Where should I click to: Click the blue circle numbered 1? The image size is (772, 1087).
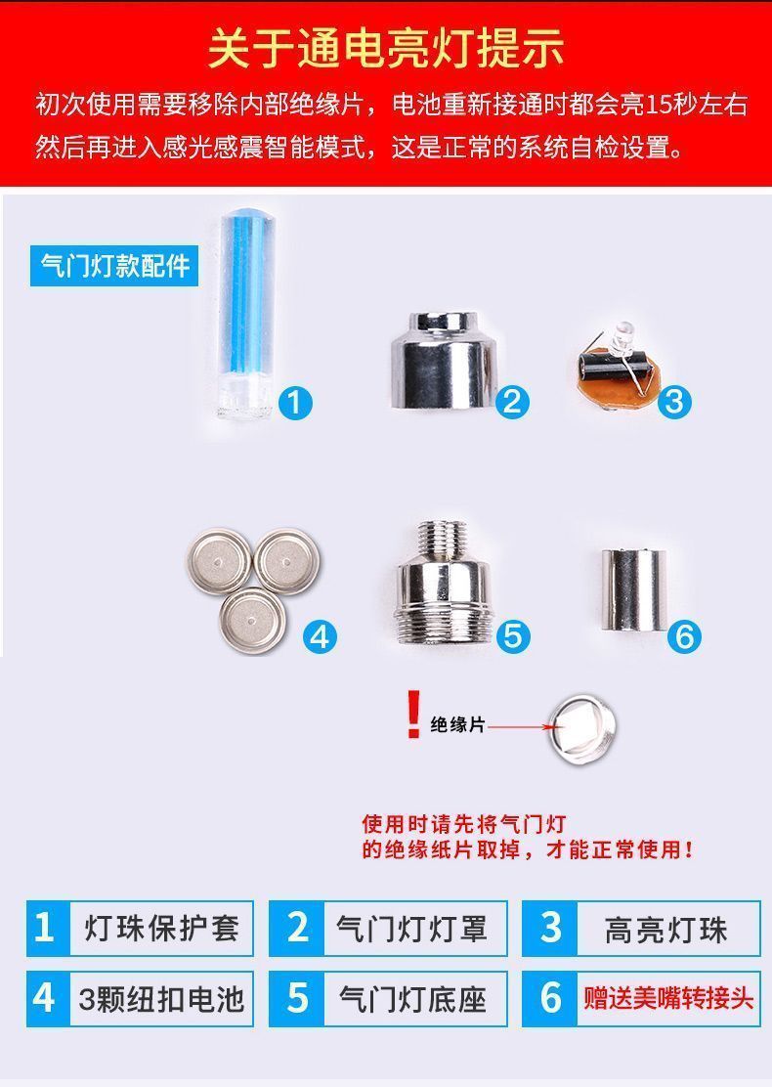[x=295, y=403]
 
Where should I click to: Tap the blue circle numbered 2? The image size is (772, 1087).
[x=512, y=401]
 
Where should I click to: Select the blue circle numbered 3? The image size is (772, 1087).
[x=674, y=402]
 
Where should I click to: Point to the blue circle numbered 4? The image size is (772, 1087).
[x=320, y=636]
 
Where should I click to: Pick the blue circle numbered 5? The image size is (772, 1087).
[x=513, y=636]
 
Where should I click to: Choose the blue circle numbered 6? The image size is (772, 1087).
[x=684, y=636]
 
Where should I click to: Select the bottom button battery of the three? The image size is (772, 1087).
[x=253, y=621]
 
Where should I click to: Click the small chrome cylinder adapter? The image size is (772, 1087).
[x=633, y=590]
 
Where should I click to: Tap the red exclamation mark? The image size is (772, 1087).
[x=413, y=714]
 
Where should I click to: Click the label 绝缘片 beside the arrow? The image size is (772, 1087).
[x=457, y=725]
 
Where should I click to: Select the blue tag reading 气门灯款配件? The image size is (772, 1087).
[x=114, y=266]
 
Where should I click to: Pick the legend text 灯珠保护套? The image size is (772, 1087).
[x=161, y=929]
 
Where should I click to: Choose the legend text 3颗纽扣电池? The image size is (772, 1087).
[x=161, y=999]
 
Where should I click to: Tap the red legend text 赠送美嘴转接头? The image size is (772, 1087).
[x=668, y=999]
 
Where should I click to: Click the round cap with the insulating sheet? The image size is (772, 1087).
[x=581, y=728]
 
